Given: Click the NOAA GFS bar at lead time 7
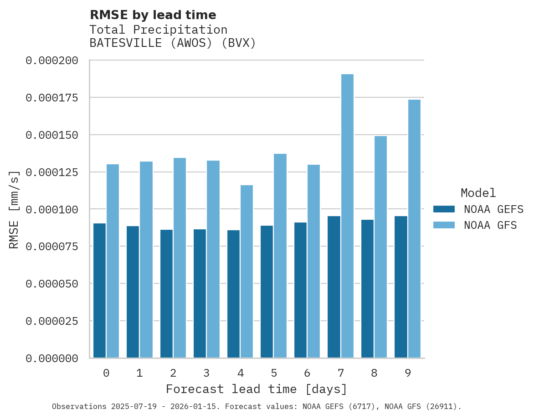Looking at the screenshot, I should tap(347, 216).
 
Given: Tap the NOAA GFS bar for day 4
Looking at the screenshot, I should tap(246, 271).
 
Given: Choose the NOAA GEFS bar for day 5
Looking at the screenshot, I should tap(267, 291).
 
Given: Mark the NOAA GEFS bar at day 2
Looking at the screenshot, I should tap(166, 293).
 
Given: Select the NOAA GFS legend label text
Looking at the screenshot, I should tap(490, 225).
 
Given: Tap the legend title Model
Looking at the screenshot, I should tap(478, 193).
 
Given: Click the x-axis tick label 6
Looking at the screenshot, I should tap(307, 373).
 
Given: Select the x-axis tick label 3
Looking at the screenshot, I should tap(206, 373).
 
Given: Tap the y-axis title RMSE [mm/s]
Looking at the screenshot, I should tap(14, 209).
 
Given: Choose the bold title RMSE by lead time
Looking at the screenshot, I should tap(153, 15).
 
